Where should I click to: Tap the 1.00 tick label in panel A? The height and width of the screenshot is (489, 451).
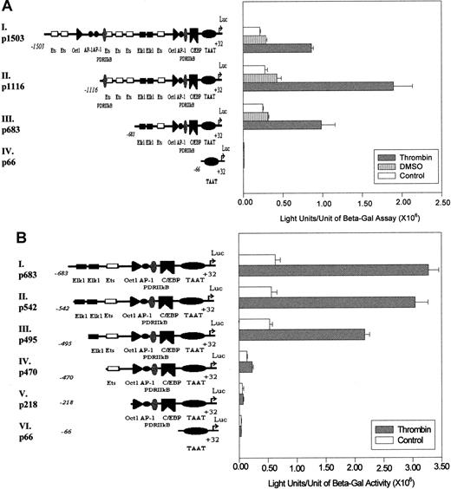click(x=322, y=203)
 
